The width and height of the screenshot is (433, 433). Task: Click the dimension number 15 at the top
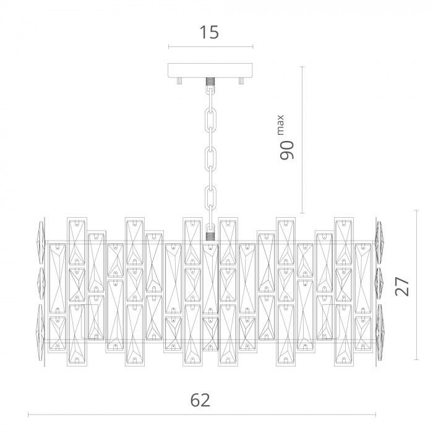tap(209, 32)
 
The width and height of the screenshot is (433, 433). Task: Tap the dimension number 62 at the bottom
tap(200, 400)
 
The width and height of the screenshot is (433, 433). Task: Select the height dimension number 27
tap(402, 286)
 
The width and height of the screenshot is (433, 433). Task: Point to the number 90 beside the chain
tap(286, 150)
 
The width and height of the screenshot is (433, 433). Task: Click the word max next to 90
tap(280, 125)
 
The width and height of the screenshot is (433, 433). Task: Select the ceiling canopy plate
tap(210, 71)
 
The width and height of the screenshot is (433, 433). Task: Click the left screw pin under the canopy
tap(179, 80)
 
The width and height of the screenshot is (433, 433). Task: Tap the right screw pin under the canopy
tap(241, 80)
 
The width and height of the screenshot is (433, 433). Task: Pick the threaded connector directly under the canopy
tap(210, 82)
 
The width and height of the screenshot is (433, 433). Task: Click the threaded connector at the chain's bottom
tap(210, 236)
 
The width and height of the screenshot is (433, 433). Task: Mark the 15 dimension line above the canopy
tap(211, 47)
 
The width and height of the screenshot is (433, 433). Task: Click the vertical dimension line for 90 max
tap(302, 140)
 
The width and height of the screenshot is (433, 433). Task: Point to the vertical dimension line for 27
tap(417, 285)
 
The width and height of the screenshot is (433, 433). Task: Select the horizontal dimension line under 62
tap(202, 414)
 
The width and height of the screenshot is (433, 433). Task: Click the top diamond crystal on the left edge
tap(41, 242)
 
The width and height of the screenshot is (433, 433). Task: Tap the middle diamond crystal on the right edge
tap(379, 283)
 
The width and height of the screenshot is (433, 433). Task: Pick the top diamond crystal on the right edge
tap(379, 242)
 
